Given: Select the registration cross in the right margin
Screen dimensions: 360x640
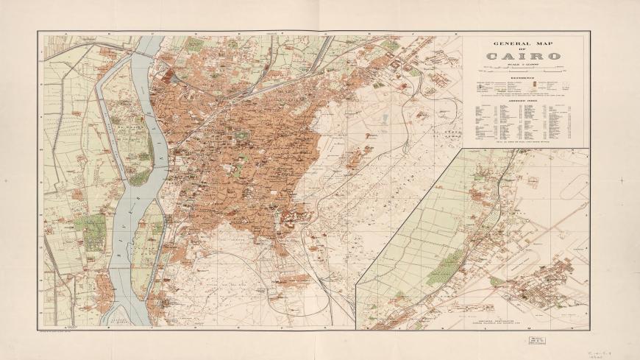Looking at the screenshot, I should pyautogui.click(x=622, y=180).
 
